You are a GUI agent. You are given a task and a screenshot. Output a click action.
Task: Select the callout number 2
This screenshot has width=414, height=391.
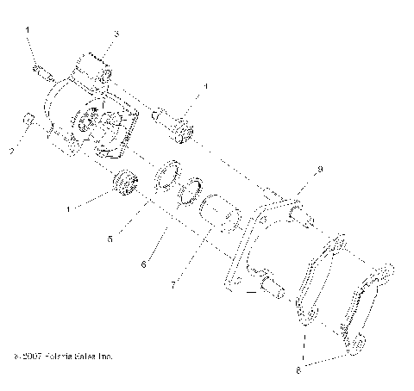(12, 152)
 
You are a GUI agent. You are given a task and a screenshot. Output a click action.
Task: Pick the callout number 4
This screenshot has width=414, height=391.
(206, 87)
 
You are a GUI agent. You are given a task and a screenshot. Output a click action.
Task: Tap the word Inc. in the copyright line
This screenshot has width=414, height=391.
(103, 355)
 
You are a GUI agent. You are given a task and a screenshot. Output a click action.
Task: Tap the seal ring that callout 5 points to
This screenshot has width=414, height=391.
(167, 177)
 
